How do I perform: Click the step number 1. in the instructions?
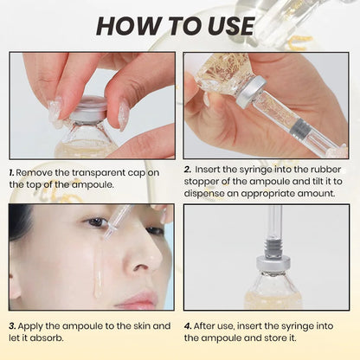point(13,172)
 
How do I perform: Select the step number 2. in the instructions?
point(189,170)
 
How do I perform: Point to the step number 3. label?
point(13,325)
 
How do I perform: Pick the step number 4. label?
point(189,325)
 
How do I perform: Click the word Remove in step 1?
point(37,172)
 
